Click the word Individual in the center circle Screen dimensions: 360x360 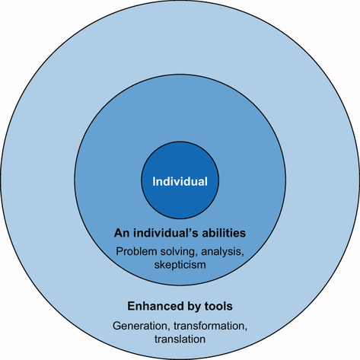click(x=180, y=182)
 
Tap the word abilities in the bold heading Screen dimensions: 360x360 click(x=224, y=233)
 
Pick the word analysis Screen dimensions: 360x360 click(x=222, y=252)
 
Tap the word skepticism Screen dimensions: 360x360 click(x=180, y=265)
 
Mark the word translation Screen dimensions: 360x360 click(x=180, y=339)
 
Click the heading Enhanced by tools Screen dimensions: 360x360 click(x=180, y=306)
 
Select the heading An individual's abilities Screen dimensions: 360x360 click(x=180, y=233)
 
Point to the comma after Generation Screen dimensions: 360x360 click(x=169, y=330)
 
